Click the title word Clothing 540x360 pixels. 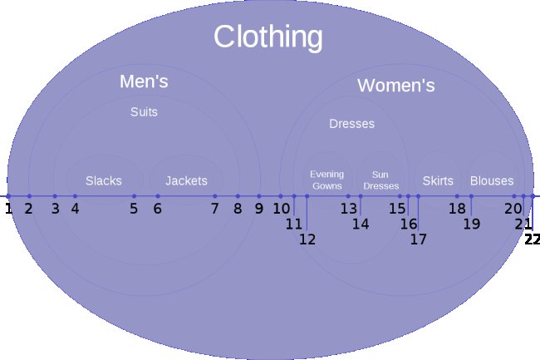point(268,37)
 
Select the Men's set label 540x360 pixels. point(144,81)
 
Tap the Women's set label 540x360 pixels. point(396,85)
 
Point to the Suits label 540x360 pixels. point(144,112)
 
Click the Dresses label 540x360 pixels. point(351,124)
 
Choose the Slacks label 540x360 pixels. point(104,181)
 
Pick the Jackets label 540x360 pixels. point(186,181)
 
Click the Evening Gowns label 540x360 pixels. point(326,180)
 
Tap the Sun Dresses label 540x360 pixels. point(380,180)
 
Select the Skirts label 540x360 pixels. point(438,181)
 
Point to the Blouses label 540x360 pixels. point(492,181)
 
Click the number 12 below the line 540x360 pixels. point(307,239)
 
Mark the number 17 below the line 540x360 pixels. point(418,239)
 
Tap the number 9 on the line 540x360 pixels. point(259,209)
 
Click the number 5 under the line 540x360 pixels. point(134,209)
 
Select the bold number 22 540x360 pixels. point(532,239)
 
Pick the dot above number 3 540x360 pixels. point(55,196)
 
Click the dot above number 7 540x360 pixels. point(215,196)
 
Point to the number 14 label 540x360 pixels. point(361,224)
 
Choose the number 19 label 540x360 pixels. point(472,224)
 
